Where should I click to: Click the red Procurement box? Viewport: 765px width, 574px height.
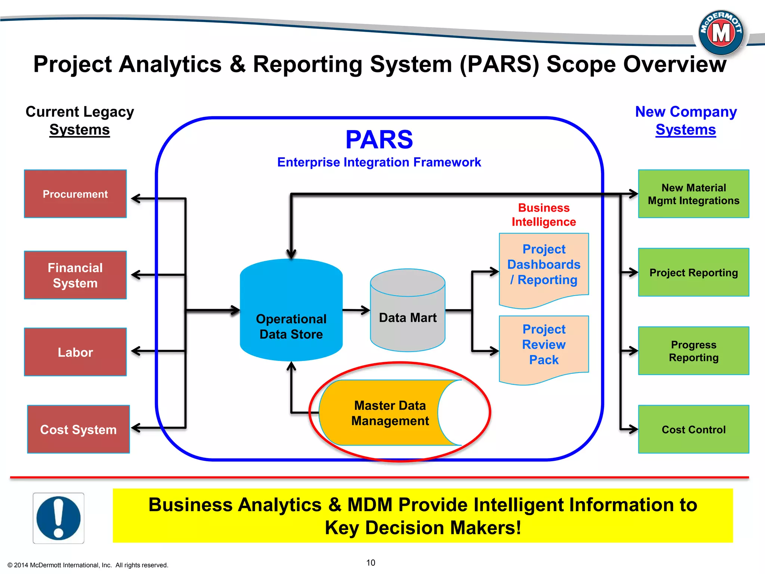coord(75,194)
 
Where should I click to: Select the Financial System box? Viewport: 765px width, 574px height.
coord(75,275)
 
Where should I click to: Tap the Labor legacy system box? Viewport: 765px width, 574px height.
coord(75,352)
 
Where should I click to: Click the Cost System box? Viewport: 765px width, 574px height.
coord(78,429)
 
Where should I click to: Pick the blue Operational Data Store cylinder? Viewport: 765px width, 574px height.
coord(291,314)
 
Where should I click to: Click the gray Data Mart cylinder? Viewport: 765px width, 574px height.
coord(408,314)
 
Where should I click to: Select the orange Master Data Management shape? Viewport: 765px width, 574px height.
coord(385,413)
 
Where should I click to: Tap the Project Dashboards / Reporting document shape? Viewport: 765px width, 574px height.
coord(544,265)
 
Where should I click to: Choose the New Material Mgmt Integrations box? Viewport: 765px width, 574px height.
coord(694,194)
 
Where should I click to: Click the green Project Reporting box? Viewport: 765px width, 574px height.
coord(694,272)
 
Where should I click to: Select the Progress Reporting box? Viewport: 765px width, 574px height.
coord(694,351)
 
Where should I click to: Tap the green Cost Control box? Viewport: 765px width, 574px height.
coord(694,429)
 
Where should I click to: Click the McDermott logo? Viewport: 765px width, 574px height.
coord(721,33)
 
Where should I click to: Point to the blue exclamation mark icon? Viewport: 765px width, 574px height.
coord(58,518)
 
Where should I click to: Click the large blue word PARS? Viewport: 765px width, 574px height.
coord(379,139)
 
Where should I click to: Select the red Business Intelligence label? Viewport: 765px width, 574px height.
coord(543,215)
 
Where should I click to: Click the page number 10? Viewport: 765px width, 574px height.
coord(371,562)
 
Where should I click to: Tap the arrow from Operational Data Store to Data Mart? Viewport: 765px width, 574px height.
coord(356,310)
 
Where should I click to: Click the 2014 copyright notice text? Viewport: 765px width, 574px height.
coord(88,565)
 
